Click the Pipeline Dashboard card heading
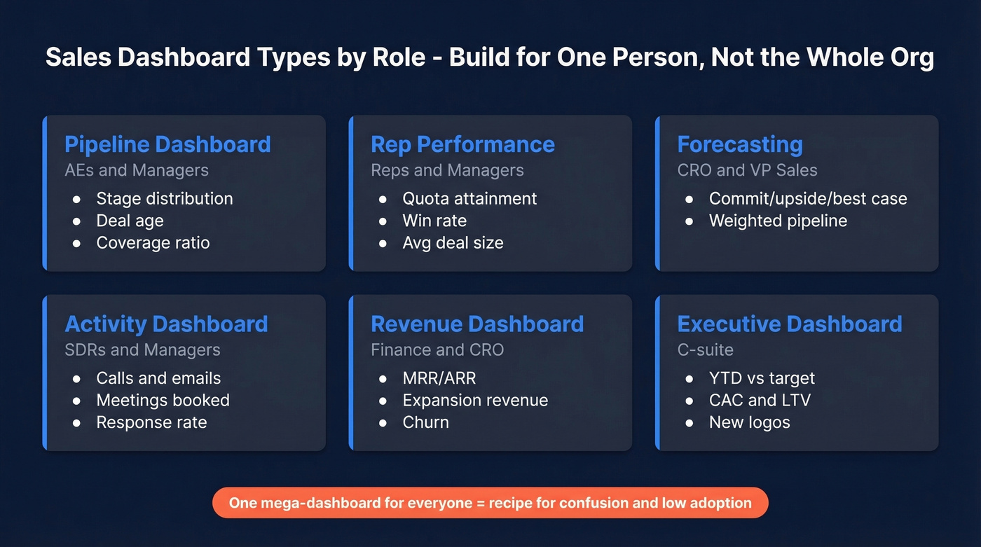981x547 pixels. coord(167,144)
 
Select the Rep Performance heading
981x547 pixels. coord(462,144)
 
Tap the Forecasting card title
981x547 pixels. coord(739,144)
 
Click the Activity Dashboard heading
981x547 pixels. coord(166,324)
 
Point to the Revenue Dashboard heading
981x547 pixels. coord(476,324)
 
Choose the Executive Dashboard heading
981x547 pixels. coord(789,324)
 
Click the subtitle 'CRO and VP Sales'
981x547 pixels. coord(747,170)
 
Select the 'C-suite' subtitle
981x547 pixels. coord(705,349)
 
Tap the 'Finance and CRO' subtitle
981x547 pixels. coord(437,349)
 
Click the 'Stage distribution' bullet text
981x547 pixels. coord(165,199)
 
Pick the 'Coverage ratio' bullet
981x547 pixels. coord(153,243)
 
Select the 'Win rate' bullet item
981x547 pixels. coord(434,221)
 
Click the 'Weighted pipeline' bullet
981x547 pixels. coord(778,221)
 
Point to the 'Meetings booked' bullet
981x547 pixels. coord(163,401)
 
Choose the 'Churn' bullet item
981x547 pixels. coord(425,422)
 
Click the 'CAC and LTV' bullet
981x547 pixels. coord(760,401)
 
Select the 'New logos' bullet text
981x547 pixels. coord(749,422)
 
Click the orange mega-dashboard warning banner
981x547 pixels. coord(490,503)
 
